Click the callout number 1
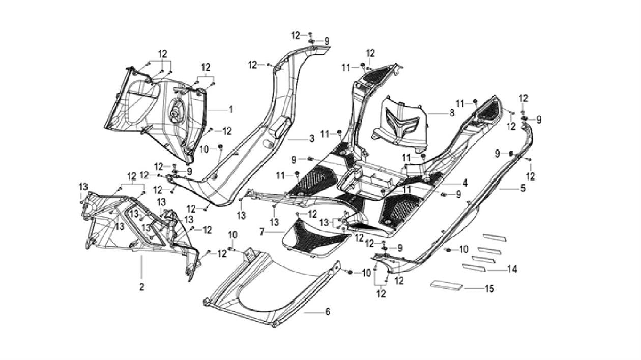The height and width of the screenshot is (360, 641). coord(230,109)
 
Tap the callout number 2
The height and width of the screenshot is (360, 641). coord(142,287)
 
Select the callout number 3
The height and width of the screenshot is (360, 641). coord(312,138)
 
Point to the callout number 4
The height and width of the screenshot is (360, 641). coord(465,183)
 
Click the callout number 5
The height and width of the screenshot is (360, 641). coord(523,189)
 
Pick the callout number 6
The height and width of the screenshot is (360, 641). coord(327,311)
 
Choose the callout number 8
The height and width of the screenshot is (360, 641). coord(452,113)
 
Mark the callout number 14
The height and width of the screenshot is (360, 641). coord(512,269)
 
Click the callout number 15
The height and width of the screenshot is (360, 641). coord(489,289)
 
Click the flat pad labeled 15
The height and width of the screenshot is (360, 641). coord(448,284)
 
